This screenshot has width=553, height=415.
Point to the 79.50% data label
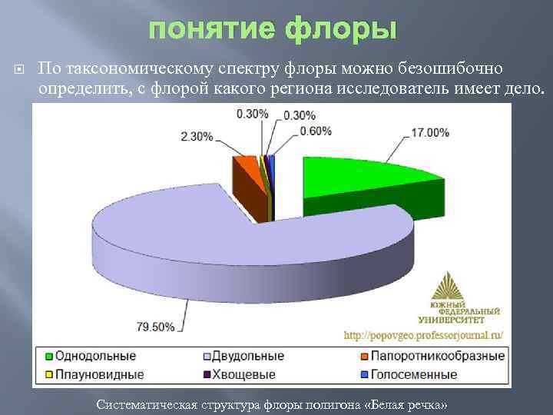pos(155,327)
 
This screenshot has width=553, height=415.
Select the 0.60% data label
pos(315,131)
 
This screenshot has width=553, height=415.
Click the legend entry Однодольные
pos(91,357)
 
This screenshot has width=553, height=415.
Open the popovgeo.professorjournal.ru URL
pos(423,335)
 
